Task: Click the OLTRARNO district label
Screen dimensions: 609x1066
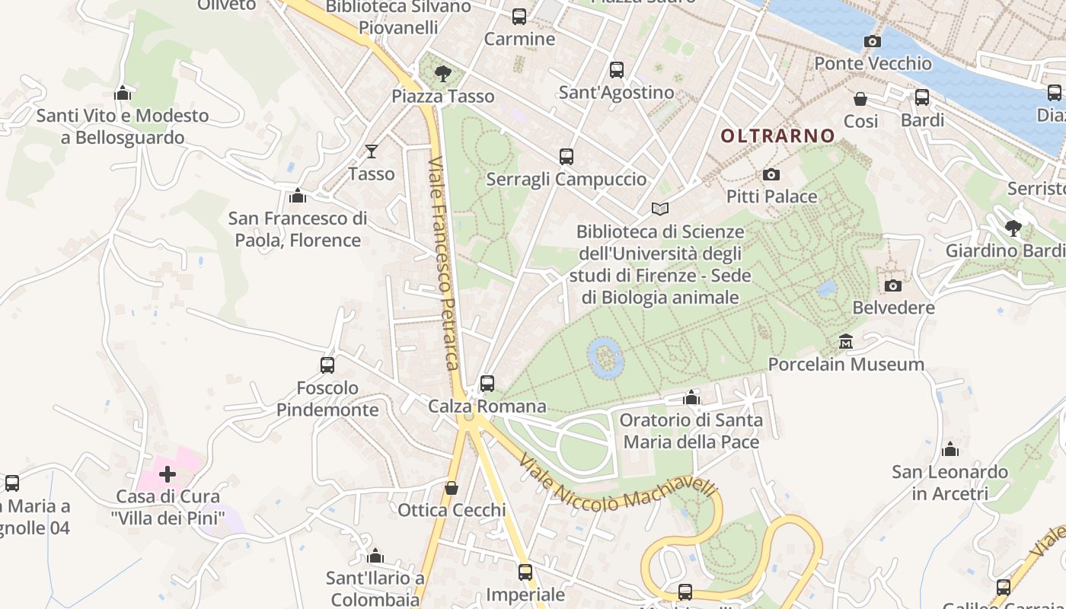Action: click(x=777, y=136)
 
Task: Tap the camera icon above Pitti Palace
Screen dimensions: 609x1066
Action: click(x=771, y=174)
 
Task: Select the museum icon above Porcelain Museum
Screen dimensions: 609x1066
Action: click(x=845, y=341)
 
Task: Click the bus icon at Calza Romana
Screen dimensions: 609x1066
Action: click(x=487, y=383)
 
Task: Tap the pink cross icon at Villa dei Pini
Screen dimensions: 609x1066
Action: click(x=168, y=474)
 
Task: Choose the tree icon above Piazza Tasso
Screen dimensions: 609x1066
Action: click(x=442, y=74)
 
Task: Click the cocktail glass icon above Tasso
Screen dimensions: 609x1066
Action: click(x=372, y=151)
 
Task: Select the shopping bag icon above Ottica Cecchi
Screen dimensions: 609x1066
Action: click(x=452, y=487)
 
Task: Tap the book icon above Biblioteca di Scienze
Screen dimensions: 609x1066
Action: click(x=660, y=209)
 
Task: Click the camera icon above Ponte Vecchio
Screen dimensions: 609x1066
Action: click(x=873, y=41)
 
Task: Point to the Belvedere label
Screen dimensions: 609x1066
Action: click(x=893, y=308)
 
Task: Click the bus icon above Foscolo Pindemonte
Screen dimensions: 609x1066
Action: click(x=327, y=365)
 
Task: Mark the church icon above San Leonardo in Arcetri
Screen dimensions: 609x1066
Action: click(x=950, y=449)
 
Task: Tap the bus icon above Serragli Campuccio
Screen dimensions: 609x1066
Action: click(x=566, y=157)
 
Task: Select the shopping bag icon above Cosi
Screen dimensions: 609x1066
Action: click(x=860, y=99)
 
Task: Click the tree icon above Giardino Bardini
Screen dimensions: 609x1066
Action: click(x=1013, y=228)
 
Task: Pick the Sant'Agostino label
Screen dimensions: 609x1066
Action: click(x=617, y=93)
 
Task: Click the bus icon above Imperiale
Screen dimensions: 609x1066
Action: click(x=525, y=572)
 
